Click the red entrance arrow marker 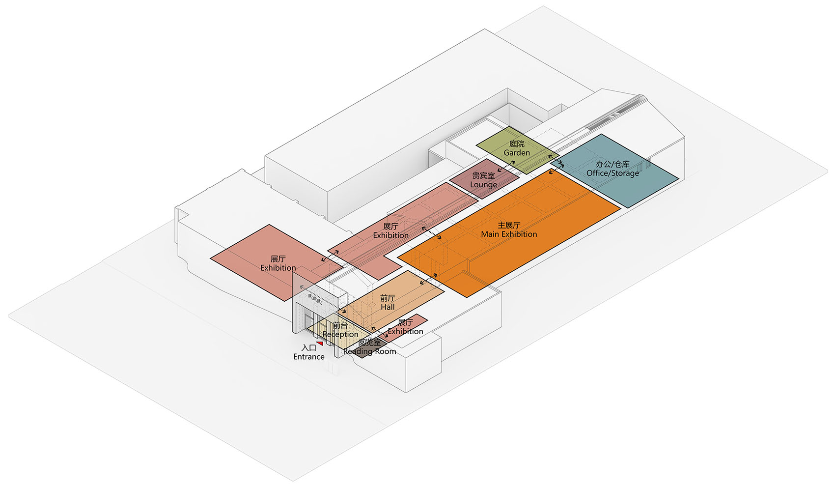click(x=320, y=343)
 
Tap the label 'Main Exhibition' click(x=509, y=234)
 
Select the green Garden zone click(x=518, y=150)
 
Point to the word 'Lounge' click(x=483, y=185)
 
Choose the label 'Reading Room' click(x=369, y=351)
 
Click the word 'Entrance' click(x=308, y=357)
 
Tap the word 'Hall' click(x=388, y=307)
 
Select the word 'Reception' click(x=340, y=335)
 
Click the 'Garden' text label click(x=517, y=152)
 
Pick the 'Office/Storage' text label click(x=612, y=173)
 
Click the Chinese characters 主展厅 click(x=509, y=225)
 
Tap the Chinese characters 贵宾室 click(x=483, y=175)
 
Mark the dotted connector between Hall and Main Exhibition click(x=428, y=279)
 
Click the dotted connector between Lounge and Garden click(x=506, y=166)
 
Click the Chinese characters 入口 click(x=308, y=348)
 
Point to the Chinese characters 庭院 click(x=517, y=143)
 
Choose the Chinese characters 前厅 click(x=388, y=298)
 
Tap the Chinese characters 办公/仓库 click(x=612, y=164)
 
